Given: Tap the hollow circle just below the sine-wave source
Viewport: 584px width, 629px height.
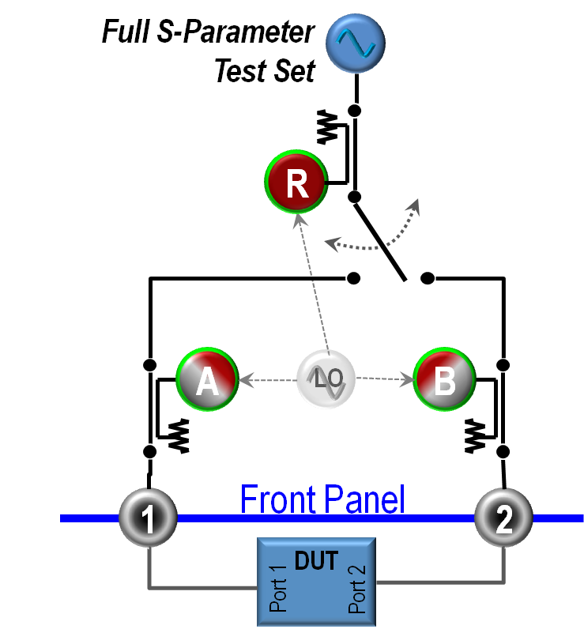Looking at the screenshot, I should tap(355, 111).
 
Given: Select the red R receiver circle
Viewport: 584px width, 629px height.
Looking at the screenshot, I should tap(296, 183).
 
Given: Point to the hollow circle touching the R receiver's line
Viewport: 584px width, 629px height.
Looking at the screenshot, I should tap(355, 196).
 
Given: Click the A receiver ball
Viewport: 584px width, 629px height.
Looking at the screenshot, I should tap(207, 381).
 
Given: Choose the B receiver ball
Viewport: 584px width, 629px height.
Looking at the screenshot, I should tap(444, 381).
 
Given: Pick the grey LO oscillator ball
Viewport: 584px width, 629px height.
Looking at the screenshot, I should tap(326, 380).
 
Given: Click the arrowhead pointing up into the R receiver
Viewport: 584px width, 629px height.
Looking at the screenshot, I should tap(299, 220).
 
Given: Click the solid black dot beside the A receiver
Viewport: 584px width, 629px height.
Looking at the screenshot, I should tap(149, 365).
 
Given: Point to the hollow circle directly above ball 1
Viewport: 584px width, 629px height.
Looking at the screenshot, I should tap(149, 451).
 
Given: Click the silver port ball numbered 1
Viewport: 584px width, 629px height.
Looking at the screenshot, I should tap(148, 518).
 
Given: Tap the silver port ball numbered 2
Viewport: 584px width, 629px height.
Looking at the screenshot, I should tap(503, 518).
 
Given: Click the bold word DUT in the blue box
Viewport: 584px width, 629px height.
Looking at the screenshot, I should tap(316, 561).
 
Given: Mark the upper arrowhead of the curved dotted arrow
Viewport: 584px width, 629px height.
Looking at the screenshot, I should tap(413, 206).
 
